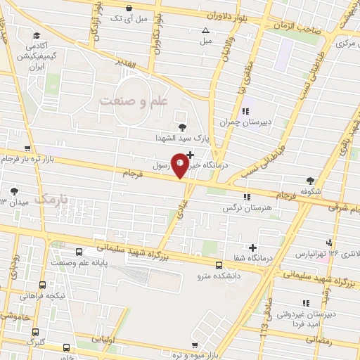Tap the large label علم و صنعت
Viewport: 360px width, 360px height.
coord(136,101)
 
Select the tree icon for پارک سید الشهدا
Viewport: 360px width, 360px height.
coord(183,127)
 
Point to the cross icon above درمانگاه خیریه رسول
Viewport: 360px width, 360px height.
coord(190,153)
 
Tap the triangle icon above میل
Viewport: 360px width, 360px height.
coord(205,31)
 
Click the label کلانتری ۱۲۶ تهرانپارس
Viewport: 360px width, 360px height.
coord(330,252)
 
